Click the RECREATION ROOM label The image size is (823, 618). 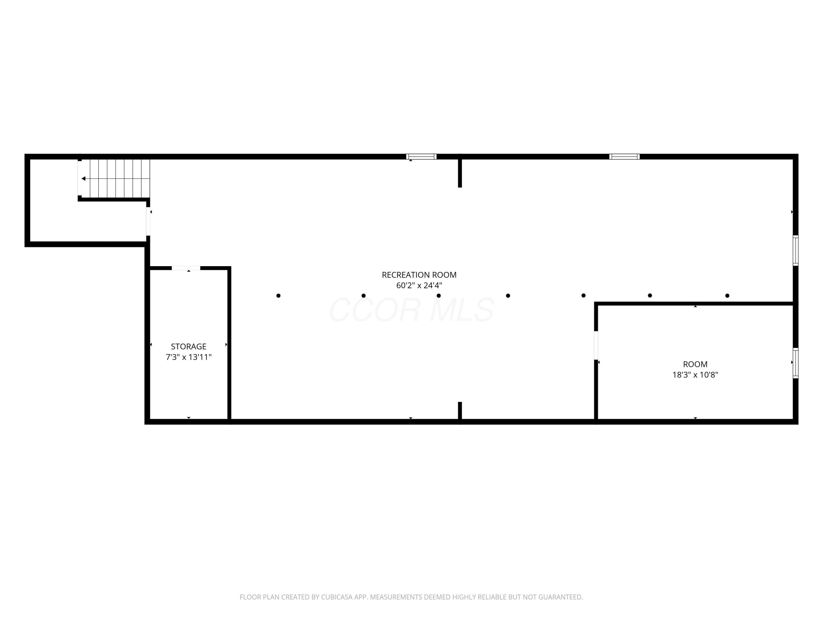coord(419,275)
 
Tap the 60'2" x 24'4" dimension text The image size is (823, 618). coord(419,286)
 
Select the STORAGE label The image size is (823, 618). coord(189,346)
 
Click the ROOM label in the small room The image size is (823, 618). coord(695,364)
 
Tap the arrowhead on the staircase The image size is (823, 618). coord(84,179)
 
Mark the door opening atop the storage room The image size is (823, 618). coord(186,268)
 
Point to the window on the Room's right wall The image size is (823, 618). coord(796,363)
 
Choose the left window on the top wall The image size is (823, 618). coord(421,157)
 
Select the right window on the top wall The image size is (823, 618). coord(624,157)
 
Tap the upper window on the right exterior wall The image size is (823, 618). coord(796,250)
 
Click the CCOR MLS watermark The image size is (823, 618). coord(411,310)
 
